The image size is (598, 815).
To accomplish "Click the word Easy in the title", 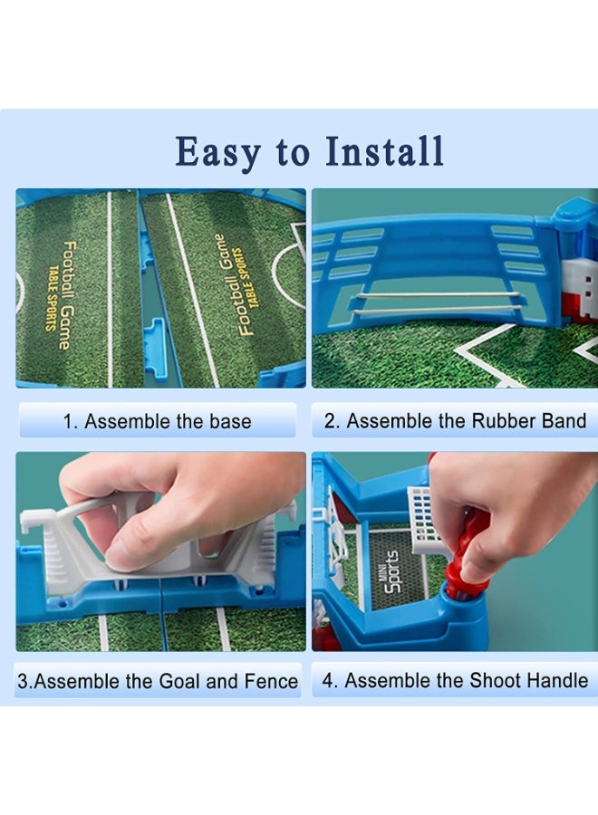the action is (x=218, y=153).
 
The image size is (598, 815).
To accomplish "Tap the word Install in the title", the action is (x=384, y=151).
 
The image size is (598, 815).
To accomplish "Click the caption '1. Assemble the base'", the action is (x=157, y=421).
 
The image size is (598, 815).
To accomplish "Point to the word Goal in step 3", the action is (x=180, y=681).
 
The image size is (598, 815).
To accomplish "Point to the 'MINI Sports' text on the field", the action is (x=392, y=571).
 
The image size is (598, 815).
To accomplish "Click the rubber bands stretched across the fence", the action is (x=437, y=302).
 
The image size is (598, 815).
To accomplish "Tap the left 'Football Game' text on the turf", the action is (x=65, y=294).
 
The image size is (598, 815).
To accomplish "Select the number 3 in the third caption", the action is (x=23, y=681).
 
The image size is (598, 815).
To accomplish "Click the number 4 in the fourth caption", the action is (x=328, y=680).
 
